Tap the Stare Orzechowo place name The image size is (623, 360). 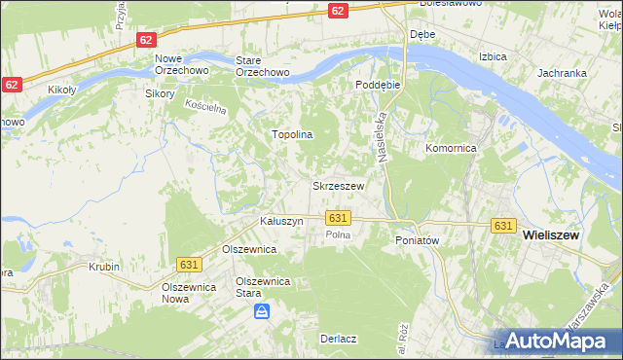263,65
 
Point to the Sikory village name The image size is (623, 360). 159,94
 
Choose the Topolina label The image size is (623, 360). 291,135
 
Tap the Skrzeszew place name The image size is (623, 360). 338,185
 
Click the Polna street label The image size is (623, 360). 338,235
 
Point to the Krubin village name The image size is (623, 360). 103,266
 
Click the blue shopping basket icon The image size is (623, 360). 262,312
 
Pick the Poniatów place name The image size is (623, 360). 418,240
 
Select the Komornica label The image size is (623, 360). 450,149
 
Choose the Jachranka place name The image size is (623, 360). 560,73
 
